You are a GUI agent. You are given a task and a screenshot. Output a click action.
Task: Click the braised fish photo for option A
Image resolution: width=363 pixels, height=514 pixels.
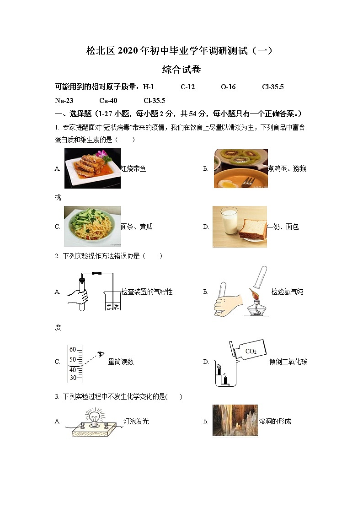(x=92, y=168)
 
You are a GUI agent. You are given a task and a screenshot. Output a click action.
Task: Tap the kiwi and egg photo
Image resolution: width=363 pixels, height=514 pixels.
(x=240, y=168)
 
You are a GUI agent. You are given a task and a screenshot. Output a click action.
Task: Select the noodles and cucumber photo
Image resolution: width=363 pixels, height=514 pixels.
(x=92, y=226)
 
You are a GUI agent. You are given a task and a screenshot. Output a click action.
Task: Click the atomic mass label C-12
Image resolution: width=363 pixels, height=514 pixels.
(x=188, y=87)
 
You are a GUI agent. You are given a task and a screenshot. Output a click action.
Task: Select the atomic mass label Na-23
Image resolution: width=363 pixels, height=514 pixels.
(x=64, y=101)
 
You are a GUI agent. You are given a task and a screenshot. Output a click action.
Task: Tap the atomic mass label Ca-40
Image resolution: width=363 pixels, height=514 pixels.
(x=108, y=101)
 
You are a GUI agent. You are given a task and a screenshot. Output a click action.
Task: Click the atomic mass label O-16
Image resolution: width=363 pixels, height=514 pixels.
(x=228, y=87)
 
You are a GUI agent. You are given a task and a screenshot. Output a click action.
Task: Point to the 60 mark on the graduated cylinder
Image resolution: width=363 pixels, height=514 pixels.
(x=73, y=349)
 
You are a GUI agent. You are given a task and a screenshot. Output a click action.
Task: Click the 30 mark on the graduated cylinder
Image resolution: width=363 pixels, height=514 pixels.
(x=73, y=378)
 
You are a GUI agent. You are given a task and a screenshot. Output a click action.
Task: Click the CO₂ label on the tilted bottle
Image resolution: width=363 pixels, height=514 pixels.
(x=251, y=351)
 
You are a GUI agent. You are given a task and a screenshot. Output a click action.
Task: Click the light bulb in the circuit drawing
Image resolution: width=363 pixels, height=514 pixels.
(x=95, y=417)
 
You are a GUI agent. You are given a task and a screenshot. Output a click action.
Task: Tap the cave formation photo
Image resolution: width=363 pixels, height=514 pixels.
(x=235, y=420)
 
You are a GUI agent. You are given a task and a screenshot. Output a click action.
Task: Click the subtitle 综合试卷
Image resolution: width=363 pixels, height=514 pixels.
(x=181, y=70)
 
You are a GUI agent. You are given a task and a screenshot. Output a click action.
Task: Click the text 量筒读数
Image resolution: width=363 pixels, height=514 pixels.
(x=121, y=362)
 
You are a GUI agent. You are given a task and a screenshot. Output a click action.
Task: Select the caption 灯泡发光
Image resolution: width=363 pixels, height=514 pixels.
(x=136, y=421)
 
